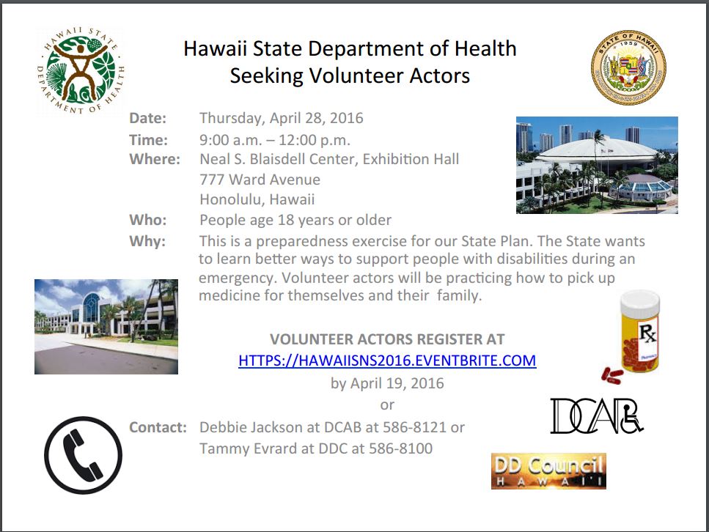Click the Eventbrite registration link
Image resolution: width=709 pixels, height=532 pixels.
coord(387,361)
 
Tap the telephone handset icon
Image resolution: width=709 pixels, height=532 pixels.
coord(83,455)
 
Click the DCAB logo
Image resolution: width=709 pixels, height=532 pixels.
coord(596,415)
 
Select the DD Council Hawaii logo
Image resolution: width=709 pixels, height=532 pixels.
coord(548,471)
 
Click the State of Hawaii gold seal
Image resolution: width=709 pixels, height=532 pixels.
coord(628,67)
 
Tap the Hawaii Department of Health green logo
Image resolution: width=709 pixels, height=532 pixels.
coord(81,70)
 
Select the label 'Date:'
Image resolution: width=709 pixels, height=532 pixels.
coord(148,118)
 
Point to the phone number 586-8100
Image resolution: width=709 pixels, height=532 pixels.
coord(400,448)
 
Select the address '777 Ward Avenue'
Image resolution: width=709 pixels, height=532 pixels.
coord(260,180)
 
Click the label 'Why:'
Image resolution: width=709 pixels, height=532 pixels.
coord(147,241)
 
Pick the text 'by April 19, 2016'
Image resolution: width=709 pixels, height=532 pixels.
coord(387,383)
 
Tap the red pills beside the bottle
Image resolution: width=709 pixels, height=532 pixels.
coord(612,376)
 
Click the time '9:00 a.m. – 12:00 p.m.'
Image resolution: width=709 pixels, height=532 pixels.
coord(275,140)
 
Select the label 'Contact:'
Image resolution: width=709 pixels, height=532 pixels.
coord(158,427)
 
